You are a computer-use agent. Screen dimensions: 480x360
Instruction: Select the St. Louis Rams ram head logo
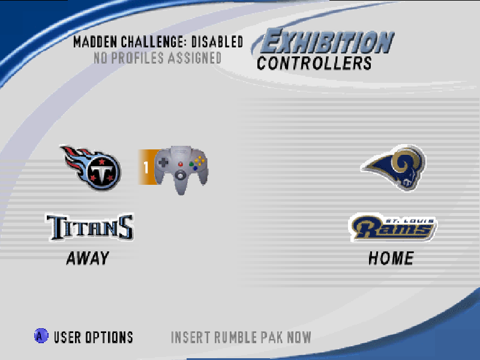pyautogui.click(x=394, y=167)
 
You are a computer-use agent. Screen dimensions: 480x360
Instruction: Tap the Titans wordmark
pyautogui.click(x=90, y=227)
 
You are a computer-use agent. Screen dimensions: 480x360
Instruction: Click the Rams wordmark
pyautogui.click(x=393, y=227)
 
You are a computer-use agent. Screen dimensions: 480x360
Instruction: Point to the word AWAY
pyautogui.click(x=88, y=258)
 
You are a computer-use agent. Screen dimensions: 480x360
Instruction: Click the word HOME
pyautogui.click(x=391, y=258)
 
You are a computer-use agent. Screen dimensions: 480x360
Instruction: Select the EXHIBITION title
pyautogui.click(x=326, y=41)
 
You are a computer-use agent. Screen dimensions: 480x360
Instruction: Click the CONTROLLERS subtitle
pyautogui.click(x=314, y=64)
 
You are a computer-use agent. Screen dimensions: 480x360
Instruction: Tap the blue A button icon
pyautogui.click(x=41, y=336)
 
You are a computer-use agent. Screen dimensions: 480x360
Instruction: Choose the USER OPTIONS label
pyautogui.click(x=94, y=337)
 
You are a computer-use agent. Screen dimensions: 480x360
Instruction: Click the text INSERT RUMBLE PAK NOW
pyautogui.click(x=241, y=337)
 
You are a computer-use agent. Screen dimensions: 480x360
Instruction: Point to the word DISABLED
pyautogui.click(x=217, y=42)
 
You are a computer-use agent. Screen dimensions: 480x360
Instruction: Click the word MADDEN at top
pyautogui.click(x=95, y=42)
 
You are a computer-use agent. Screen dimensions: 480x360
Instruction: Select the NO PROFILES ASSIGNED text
pyautogui.click(x=157, y=58)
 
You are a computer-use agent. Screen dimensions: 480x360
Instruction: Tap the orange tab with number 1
pyautogui.click(x=146, y=167)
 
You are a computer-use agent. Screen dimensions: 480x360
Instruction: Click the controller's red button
pyautogui.click(x=181, y=164)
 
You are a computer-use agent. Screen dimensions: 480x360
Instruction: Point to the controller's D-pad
pyautogui.click(x=163, y=162)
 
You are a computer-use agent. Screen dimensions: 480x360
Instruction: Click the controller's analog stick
pyautogui.click(x=181, y=175)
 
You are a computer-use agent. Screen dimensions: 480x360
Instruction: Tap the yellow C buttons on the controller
pyautogui.click(x=200, y=160)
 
